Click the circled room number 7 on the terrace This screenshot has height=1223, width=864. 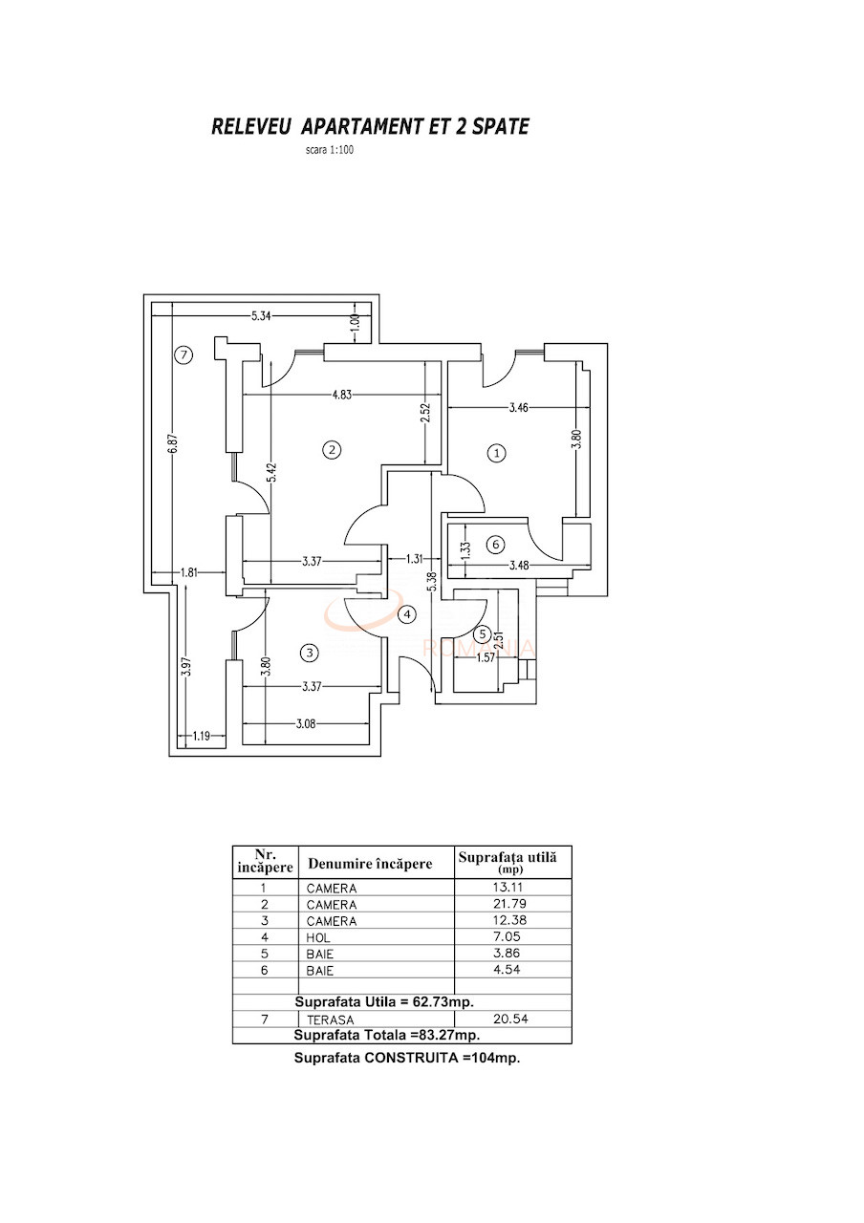(184, 355)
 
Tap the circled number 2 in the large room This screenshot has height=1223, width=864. (332, 450)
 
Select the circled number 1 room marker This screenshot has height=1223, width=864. (496, 453)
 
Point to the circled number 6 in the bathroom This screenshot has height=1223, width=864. (494, 545)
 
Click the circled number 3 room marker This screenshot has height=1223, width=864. (309, 654)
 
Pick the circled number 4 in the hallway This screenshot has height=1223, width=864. (408, 614)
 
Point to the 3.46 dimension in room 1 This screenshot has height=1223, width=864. (519, 408)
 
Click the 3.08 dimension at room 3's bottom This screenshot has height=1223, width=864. (305, 724)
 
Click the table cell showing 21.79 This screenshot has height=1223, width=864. (512, 904)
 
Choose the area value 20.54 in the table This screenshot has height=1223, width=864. (512, 1019)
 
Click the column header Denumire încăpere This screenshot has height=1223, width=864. (369, 864)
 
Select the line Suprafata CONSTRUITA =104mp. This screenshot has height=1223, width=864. (406, 1058)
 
